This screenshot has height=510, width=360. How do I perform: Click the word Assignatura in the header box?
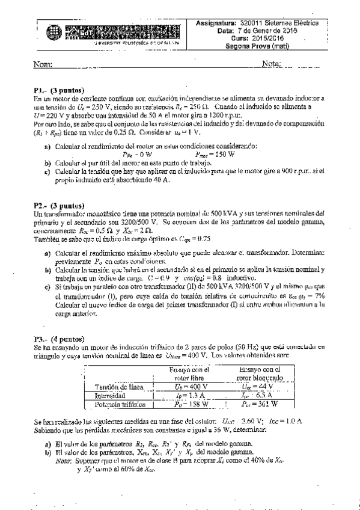pos(218,23)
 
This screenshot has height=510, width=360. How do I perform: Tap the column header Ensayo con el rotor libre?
pos(187,373)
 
